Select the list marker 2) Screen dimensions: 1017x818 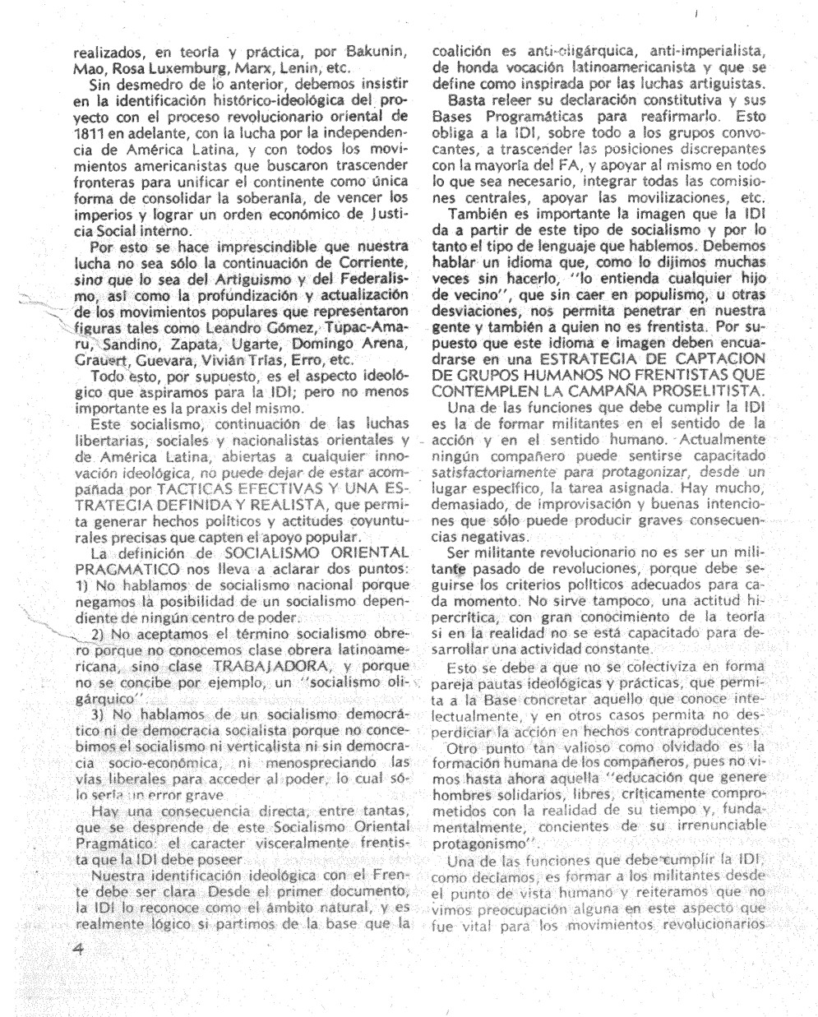pos(96,619)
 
